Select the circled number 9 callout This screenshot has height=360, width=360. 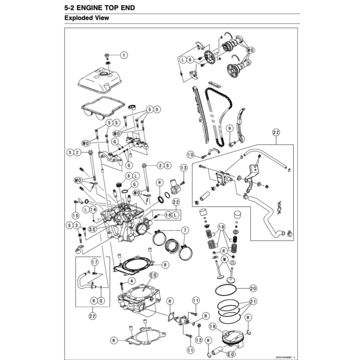pos(229,128)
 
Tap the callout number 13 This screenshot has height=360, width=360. pos(183,167)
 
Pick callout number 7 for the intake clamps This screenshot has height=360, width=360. pos(185,230)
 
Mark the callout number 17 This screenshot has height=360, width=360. pos(94,262)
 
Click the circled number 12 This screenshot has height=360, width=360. pos(199,340)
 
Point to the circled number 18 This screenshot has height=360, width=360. pos(221,227)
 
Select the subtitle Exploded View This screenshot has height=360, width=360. pos(86,18)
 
